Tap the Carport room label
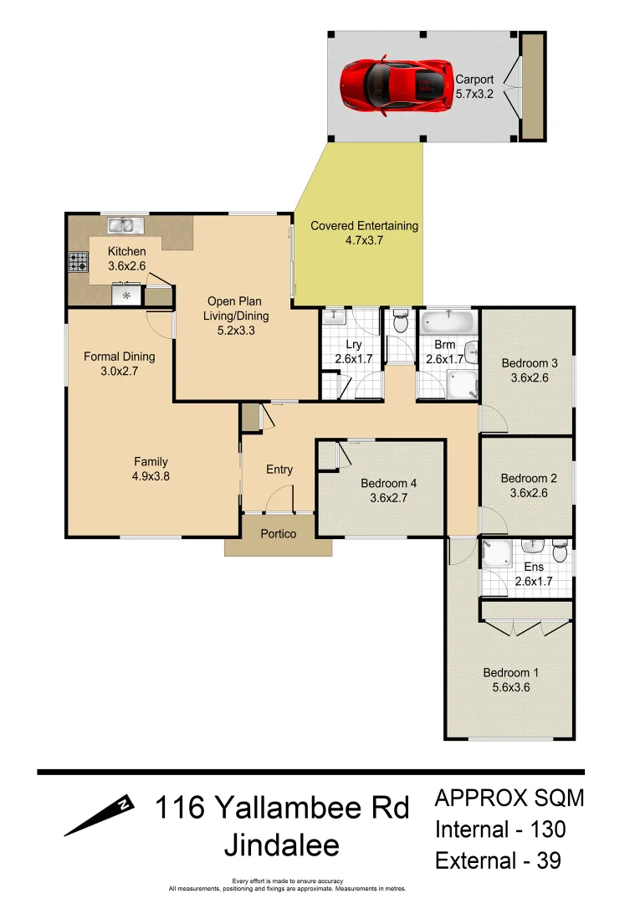[x=474, y=80]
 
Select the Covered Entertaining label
[x=364, y=226]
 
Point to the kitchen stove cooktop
[x=78, y=263]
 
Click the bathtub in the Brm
[x=448, y=321]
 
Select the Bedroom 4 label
[x=388, y=483]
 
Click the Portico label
[x=278, y=533]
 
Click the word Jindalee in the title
[x=282, y=845]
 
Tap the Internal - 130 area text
[x=500, y=830]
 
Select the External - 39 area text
[x=498, y=860]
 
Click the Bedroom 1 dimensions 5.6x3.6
[x=507, y=687]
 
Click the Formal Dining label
[x=120, y=357]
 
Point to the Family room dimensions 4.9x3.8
[x=151, y=475]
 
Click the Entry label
[x=279, y=470]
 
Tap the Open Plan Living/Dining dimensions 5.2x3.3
[x=234, y=330]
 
